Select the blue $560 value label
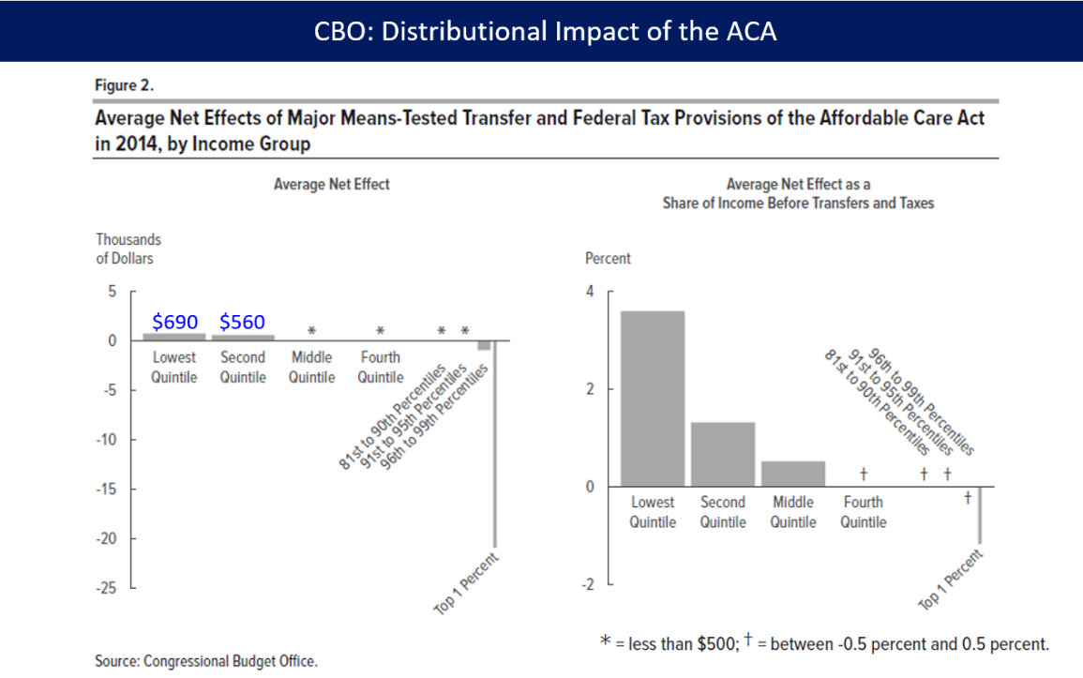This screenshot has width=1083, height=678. [242, 322]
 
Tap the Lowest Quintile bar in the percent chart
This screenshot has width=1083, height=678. [653, 399]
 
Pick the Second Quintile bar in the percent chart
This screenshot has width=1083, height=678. [723, 455]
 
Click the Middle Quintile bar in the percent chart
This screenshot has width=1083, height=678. [793, 474]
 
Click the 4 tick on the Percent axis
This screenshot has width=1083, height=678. [590, 292]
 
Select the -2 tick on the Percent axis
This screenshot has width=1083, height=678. [587, 585]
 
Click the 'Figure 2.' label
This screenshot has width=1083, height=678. [125, 85]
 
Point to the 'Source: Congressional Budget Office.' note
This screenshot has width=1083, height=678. [206, 661]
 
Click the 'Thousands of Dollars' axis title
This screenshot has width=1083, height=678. [128, 249]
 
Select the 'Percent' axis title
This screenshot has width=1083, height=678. [608, 258]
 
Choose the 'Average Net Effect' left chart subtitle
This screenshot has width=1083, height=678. [331, 185]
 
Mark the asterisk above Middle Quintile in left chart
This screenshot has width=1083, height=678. [312, 331]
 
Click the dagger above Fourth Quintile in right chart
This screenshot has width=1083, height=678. [863, 474]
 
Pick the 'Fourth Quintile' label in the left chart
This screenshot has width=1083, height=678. [380, 368]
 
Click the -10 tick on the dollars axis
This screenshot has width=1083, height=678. [108, 440]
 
